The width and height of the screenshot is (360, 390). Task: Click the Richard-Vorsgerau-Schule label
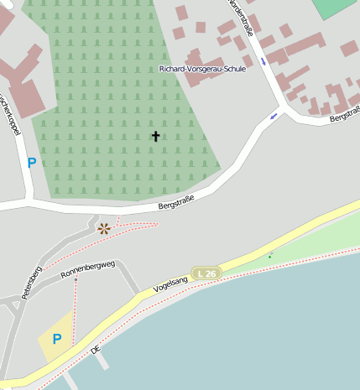[202, 69]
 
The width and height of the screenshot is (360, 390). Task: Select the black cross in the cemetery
[155, 136]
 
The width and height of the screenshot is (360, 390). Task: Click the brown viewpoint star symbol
[103, 228]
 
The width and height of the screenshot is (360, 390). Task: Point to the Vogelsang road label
[172, 286]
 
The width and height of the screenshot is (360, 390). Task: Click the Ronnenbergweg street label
[87, 275]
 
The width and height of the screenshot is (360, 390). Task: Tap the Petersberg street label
[32, 283]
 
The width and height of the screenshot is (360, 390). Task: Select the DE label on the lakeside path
[96, 346]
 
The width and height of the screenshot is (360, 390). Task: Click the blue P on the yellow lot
[57, 340]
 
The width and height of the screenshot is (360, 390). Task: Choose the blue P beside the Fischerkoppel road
[32, 163]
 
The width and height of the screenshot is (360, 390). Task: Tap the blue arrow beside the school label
[264, 61]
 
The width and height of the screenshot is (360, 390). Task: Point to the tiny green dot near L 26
[270, 256]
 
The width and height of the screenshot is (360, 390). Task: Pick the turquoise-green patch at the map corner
[337, 8]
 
